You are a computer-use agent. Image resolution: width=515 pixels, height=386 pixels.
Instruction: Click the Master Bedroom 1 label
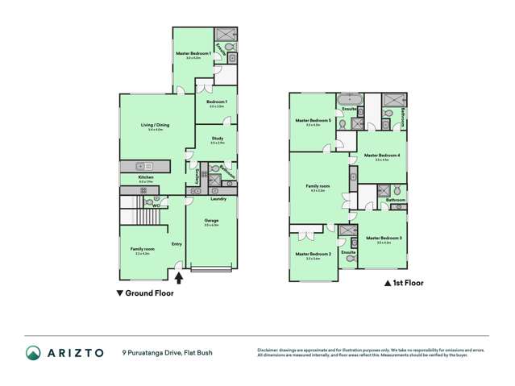click(193, 53)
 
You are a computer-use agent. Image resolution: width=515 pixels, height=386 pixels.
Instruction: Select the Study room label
click(218, 139)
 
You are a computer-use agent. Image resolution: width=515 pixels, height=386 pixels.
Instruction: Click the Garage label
click(211, 220)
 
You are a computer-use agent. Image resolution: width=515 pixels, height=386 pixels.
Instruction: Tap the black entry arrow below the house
click(179, 278)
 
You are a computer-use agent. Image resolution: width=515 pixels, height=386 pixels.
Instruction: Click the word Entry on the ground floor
click(177, 243)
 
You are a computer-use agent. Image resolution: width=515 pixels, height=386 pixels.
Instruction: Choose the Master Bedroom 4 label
click(382, 156)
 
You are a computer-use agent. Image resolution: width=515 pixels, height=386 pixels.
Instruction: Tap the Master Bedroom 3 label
click(384, 238)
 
